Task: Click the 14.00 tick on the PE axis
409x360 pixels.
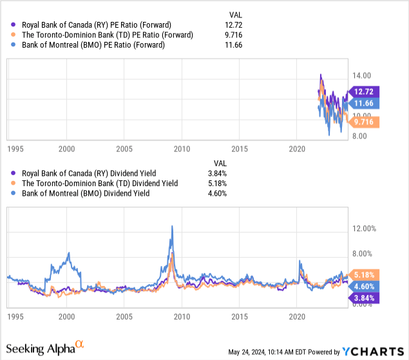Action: point(361,75)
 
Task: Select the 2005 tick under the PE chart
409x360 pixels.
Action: point(124,149)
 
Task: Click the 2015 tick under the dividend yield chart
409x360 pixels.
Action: point(240,317)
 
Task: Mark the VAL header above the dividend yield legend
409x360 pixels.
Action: point(220,164)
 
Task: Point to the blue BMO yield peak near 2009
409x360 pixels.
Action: point(172,226)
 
